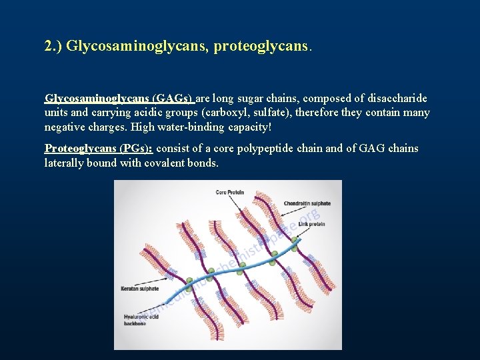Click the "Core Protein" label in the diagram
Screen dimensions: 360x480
229,193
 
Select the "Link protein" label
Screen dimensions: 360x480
311,225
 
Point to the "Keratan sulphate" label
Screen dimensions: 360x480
140,289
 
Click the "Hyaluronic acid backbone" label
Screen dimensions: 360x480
139,319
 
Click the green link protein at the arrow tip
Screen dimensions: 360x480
293,248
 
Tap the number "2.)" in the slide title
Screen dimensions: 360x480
54,47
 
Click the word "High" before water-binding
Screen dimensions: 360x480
143,127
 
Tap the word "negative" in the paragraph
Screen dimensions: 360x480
65,127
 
